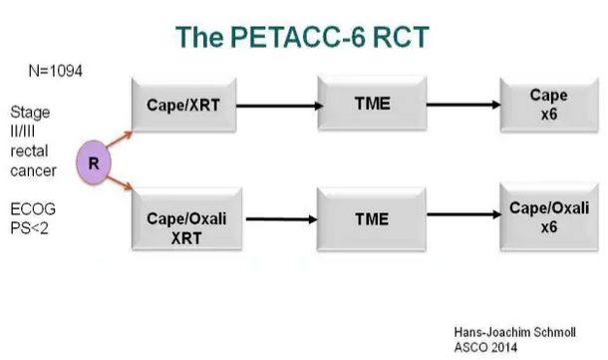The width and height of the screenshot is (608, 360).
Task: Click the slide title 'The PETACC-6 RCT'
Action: pos(304,36)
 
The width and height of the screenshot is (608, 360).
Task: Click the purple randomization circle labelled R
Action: pos(92,163)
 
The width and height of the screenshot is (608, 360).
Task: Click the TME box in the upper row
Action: pos(371,101)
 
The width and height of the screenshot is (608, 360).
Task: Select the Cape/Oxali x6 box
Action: pos(546,216)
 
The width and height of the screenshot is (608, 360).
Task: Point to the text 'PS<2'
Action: pos(30,237)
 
